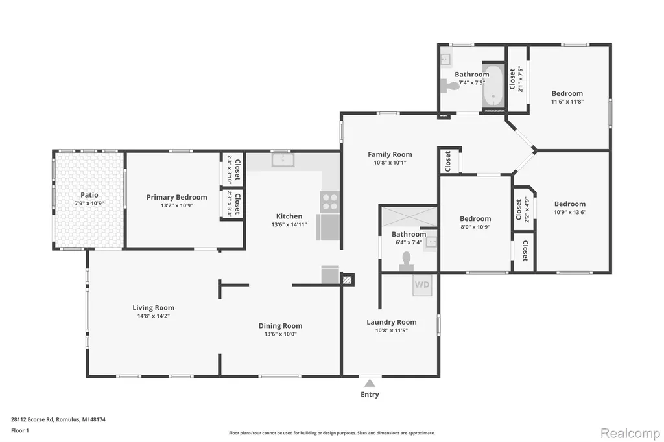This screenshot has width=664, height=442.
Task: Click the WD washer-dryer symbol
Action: click(422, 285)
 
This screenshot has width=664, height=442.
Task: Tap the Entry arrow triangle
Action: click(370, 383)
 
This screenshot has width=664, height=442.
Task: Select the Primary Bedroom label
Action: click(176, 197)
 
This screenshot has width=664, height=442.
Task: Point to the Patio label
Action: click(89, 195)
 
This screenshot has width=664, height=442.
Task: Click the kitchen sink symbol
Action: click(283, 160)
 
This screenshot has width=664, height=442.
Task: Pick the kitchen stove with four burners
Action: click(330, 201)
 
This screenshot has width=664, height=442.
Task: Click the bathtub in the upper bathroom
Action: click(493, 86)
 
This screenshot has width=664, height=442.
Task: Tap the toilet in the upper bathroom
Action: click(450, 86)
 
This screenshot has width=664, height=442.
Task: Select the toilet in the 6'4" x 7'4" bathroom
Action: click(407, 262)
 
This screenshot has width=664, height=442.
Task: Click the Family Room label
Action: click(390, 154)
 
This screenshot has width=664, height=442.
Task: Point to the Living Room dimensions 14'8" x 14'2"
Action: click(153, 316)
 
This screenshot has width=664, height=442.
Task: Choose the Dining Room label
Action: click(280, 326)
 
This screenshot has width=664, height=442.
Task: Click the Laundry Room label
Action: click(391, 322)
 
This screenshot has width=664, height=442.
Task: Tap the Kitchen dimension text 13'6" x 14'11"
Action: click(289, 224)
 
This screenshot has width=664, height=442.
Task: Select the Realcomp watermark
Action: click(630, 434)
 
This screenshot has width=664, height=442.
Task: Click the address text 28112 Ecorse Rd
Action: click(32, 419)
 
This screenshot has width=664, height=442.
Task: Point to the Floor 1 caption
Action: click(20, 430)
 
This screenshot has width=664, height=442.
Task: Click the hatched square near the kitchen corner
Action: click(348, 280)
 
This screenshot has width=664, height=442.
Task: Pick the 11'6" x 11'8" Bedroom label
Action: click(567, 93)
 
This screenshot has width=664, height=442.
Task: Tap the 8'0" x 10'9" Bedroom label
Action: click(475, 219)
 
